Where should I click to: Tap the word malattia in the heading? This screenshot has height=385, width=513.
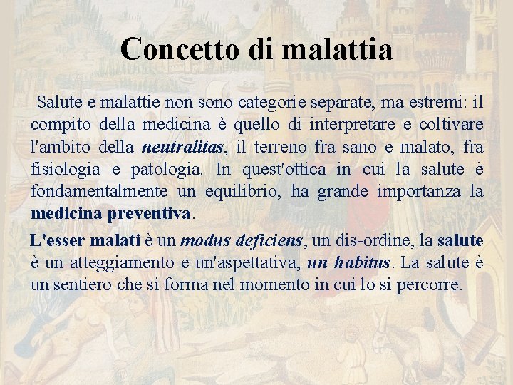(337, 49)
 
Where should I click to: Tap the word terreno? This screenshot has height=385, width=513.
(274, 148)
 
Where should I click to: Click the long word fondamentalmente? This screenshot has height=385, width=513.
(98, 192)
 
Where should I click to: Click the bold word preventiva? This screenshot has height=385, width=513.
(150, 214)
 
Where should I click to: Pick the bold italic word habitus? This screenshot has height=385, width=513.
(363, 263)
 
